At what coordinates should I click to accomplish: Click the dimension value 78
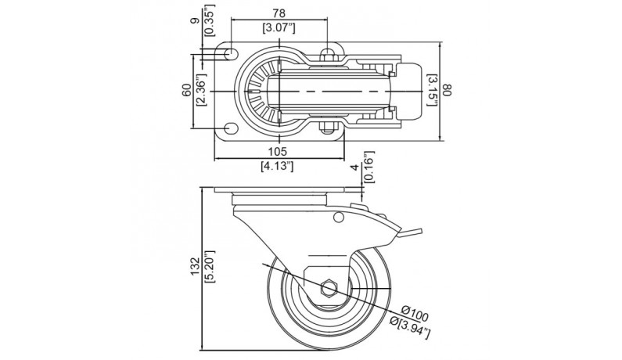279,13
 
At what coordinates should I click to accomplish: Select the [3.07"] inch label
279,28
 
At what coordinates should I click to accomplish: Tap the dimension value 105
278,151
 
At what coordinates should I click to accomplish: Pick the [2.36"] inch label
202,91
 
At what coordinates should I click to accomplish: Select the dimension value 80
448,90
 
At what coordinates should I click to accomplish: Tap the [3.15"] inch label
432,90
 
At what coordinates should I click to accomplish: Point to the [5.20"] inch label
210,266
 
